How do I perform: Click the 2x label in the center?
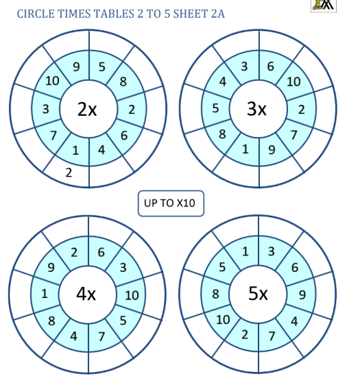coord(87,109)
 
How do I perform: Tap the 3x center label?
coord(256,108)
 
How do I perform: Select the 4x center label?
coord(86,294)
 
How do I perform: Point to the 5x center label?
coord(258,293)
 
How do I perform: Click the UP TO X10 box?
coord(171,203)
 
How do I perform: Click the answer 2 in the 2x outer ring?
coord(69,173)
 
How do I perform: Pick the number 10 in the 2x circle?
coord(52,81)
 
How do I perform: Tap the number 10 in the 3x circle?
coord(293,82)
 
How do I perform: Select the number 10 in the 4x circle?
coord(132,295)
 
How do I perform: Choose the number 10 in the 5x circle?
coord(223,320)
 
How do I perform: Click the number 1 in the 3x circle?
coord(245,149)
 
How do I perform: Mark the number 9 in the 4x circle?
coord(51,267)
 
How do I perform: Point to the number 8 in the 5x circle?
coord(215,294)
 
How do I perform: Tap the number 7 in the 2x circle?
coord(53,135)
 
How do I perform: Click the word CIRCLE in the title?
coord(36,14)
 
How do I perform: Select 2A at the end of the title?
coord(218,14)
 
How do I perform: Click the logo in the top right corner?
coord(324,5)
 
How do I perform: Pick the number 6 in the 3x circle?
coord(271,66)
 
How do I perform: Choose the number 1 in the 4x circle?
coord(45,294)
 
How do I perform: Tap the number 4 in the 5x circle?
coord(294,321)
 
